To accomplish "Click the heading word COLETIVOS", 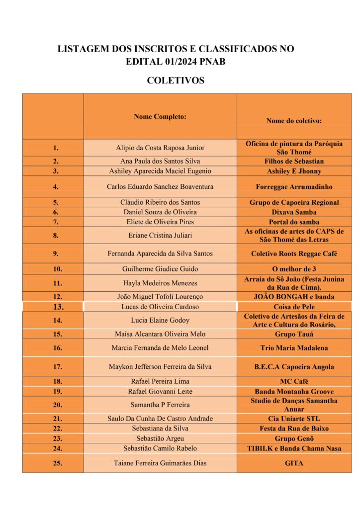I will pos(176,81).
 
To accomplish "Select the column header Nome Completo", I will pos(160,117).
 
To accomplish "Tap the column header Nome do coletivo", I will pos(294,121).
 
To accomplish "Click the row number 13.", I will pos(58,307).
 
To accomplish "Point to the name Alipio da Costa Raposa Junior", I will pos(160,148).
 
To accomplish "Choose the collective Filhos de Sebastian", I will pos(294,161).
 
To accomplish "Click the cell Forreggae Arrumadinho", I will pos(294,187).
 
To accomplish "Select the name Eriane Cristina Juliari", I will pos(160,236).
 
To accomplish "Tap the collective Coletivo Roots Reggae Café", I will pos(294,254).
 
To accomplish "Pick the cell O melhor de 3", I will pos(294,269).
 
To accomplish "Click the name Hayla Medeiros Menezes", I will pos(160,283).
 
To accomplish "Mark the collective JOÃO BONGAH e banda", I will pos(294,297).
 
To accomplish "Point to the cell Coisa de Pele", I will pos(294,307).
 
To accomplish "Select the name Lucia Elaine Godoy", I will pos(160,320).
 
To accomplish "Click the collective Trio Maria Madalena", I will pos(294,348).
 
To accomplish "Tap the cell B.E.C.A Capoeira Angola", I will pos(294,367).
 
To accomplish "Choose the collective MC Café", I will pos(294,381).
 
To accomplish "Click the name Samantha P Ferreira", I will pos(160,405).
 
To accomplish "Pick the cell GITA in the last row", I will pos(294,463).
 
